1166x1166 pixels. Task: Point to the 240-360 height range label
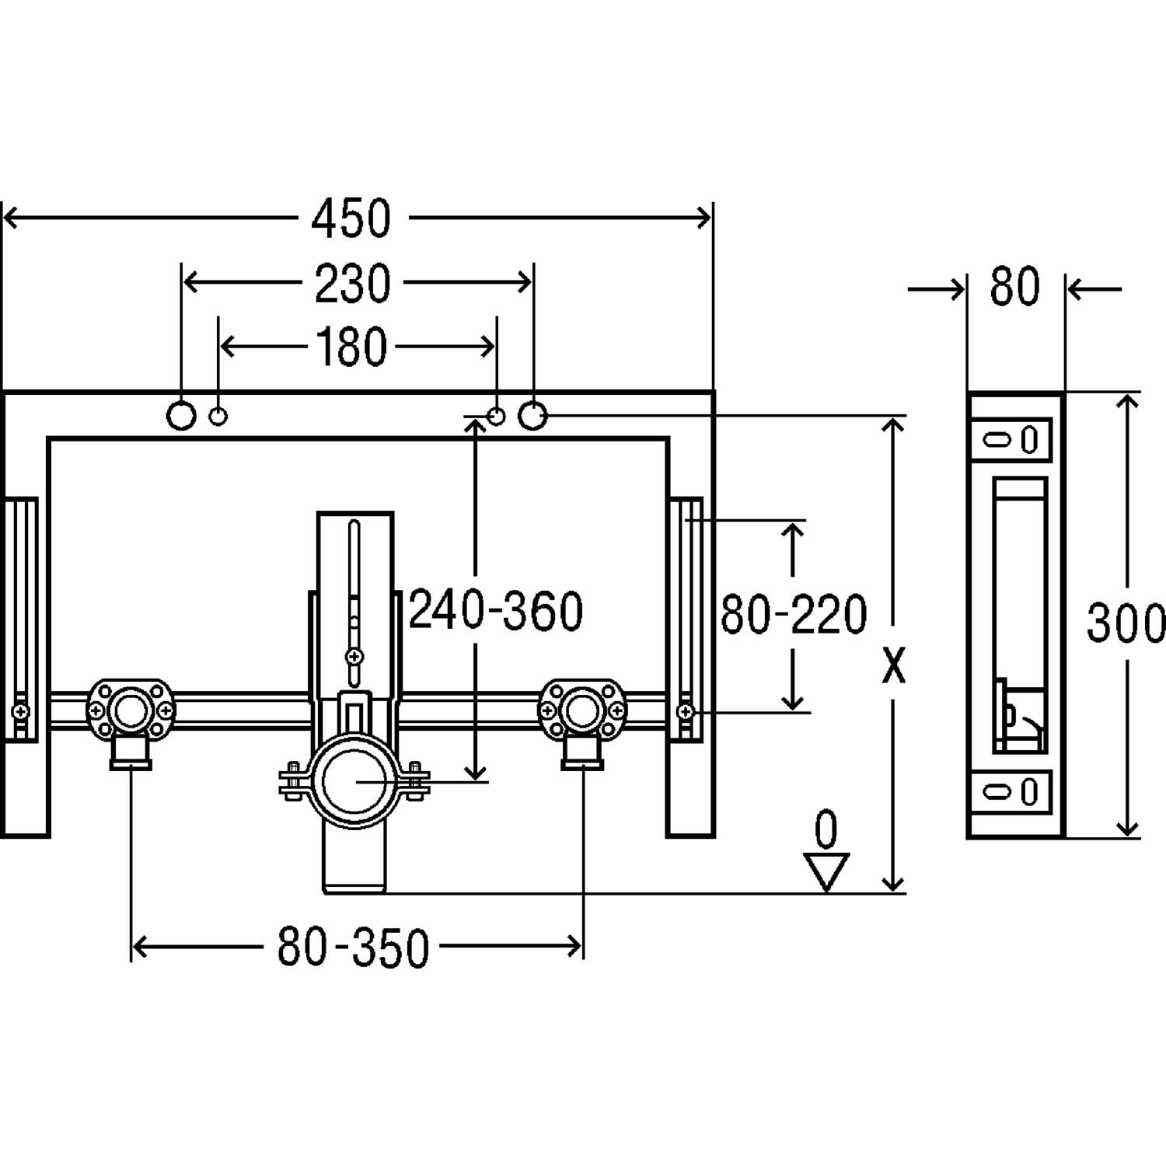tap(496, 610)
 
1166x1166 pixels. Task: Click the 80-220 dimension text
tap(794, 614)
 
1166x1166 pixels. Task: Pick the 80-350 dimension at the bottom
tap(353, 948)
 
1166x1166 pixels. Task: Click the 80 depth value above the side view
tap(1014, 287)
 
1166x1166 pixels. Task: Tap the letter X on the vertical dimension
tap(894, 666)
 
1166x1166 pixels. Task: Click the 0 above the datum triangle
tap(826, 829)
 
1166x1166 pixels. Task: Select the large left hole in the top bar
tap(181, 416)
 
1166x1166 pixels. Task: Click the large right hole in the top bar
tap(532, 416)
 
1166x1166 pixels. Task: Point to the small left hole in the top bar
tap(219, 417)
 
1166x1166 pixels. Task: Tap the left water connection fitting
tap(131, 715)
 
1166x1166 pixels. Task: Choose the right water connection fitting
tap(582, 715)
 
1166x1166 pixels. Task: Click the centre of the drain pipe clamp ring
tap(354, 783)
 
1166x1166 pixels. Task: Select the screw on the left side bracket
tap(22, 710)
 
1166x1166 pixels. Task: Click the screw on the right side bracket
tap(686, 710)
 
